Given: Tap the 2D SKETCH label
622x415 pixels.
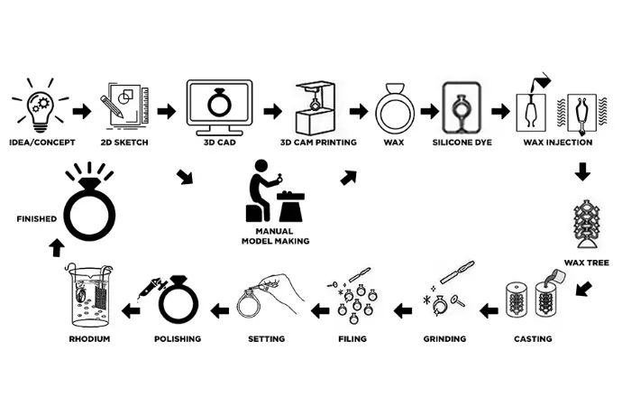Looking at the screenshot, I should point(125,142).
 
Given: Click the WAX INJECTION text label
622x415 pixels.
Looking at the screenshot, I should point(557,142).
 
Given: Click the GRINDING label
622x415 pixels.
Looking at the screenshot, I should point(444,338).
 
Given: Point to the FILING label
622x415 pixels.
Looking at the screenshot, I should point(352,338).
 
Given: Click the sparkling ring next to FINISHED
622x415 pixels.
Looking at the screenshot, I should point(87,207).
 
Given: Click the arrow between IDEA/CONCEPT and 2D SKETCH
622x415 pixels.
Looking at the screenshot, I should point(81,111).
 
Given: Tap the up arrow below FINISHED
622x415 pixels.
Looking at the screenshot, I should point(57,245).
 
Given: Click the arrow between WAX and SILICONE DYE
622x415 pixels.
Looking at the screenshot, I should point(429,111).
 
